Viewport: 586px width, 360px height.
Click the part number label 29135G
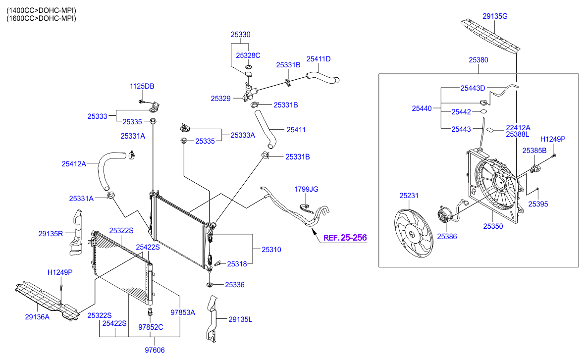point(496,16)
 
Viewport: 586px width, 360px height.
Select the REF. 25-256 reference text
point(345,238)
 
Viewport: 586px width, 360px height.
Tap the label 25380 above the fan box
point(479,60)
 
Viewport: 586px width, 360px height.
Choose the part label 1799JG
point(306,189)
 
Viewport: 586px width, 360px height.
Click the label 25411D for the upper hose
point(318,59)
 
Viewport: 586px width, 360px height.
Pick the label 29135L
point(240,319)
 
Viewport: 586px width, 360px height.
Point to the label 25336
point(235,285)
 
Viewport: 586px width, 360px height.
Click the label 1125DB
point(142,86)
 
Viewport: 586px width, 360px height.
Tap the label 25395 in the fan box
point(538,204)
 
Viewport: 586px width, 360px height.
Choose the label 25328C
point(248,55)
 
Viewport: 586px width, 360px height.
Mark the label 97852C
point(151,327)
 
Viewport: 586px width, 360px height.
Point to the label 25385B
point(534,150)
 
